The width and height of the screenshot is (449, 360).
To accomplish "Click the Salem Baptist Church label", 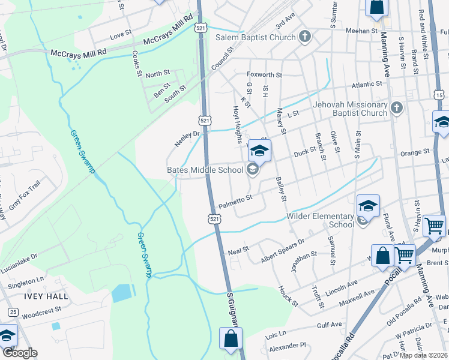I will (x=256, y=37).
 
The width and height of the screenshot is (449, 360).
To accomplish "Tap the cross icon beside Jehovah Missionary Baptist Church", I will (x=396, y=108).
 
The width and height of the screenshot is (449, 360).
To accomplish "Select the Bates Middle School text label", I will (x=205, y=170).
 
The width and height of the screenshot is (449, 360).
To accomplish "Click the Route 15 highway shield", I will (x=440, y=95).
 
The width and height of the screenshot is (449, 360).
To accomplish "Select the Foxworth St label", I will (x=265, y=75).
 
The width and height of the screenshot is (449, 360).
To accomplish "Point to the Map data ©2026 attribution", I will (x=424, y=355).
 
